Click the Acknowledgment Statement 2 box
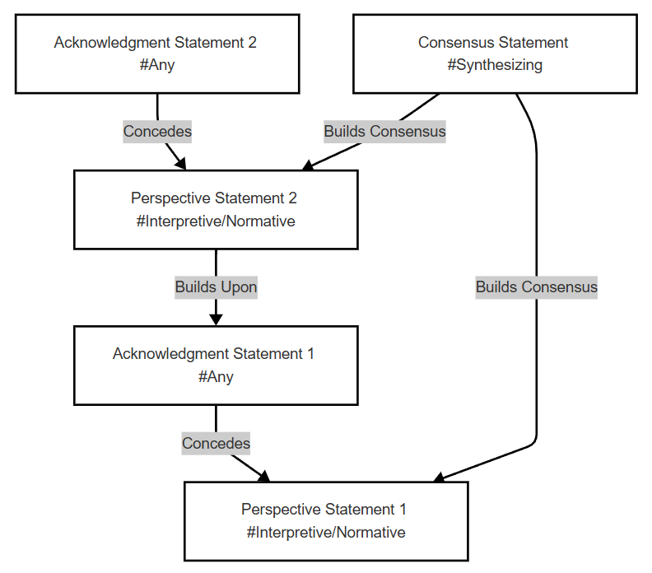pos(157,54)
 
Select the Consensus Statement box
pos(495,54)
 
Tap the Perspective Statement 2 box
pos(216,210)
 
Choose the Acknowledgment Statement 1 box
pos(216,365)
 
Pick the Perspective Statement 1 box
pos(326,521)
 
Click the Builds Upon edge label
pos(216,287)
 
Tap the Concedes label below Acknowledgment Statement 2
pos(157,132)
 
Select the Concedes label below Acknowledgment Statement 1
pos(216,443)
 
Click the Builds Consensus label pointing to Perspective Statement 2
pos(384,132)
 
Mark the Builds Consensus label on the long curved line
pos(537,287)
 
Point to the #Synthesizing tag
pos(495,65)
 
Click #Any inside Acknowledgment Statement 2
pos(157,65)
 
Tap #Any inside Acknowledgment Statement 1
pos(216,377)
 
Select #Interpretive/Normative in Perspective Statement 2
pos(216,221)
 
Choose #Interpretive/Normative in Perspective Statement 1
pos(326,533)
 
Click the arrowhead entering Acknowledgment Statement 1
pos(216,319)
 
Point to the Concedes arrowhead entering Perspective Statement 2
pos(181,164)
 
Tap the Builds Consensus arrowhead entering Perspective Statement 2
pos(308,165)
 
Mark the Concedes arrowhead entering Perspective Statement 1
pos(264,476)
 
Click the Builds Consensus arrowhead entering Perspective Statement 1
pos(439,477)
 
